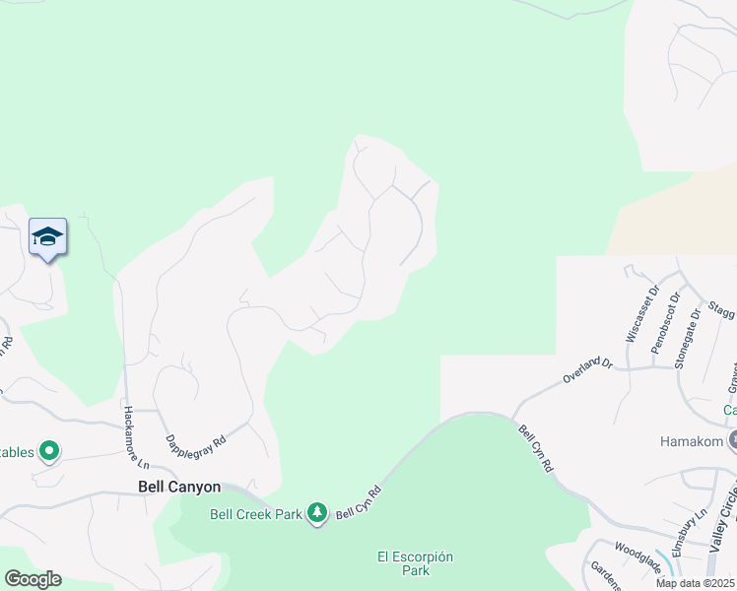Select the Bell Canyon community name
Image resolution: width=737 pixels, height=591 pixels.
(x=178, y=487)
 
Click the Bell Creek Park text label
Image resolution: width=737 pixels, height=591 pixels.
(x=255, y=513)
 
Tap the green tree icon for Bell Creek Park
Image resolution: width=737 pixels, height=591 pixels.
(x=316, y=513)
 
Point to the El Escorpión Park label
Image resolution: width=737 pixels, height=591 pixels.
(x=417, y=563)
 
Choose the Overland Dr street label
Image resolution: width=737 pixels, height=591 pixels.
(x=588, y=370)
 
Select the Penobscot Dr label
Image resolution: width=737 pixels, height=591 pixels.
(x=665, y=322)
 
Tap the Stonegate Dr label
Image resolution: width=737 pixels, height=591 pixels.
(x=687, y=338)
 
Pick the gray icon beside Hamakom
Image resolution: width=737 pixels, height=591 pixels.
(x=731, y=438)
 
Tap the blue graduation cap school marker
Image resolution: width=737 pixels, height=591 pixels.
(x=47, y=237)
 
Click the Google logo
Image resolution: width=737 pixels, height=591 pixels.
(x=32, y=579)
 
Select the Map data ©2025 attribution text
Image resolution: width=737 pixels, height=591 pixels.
(x=695, y=583)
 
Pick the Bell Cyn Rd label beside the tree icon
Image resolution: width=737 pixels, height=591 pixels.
(x=359, y=502)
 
